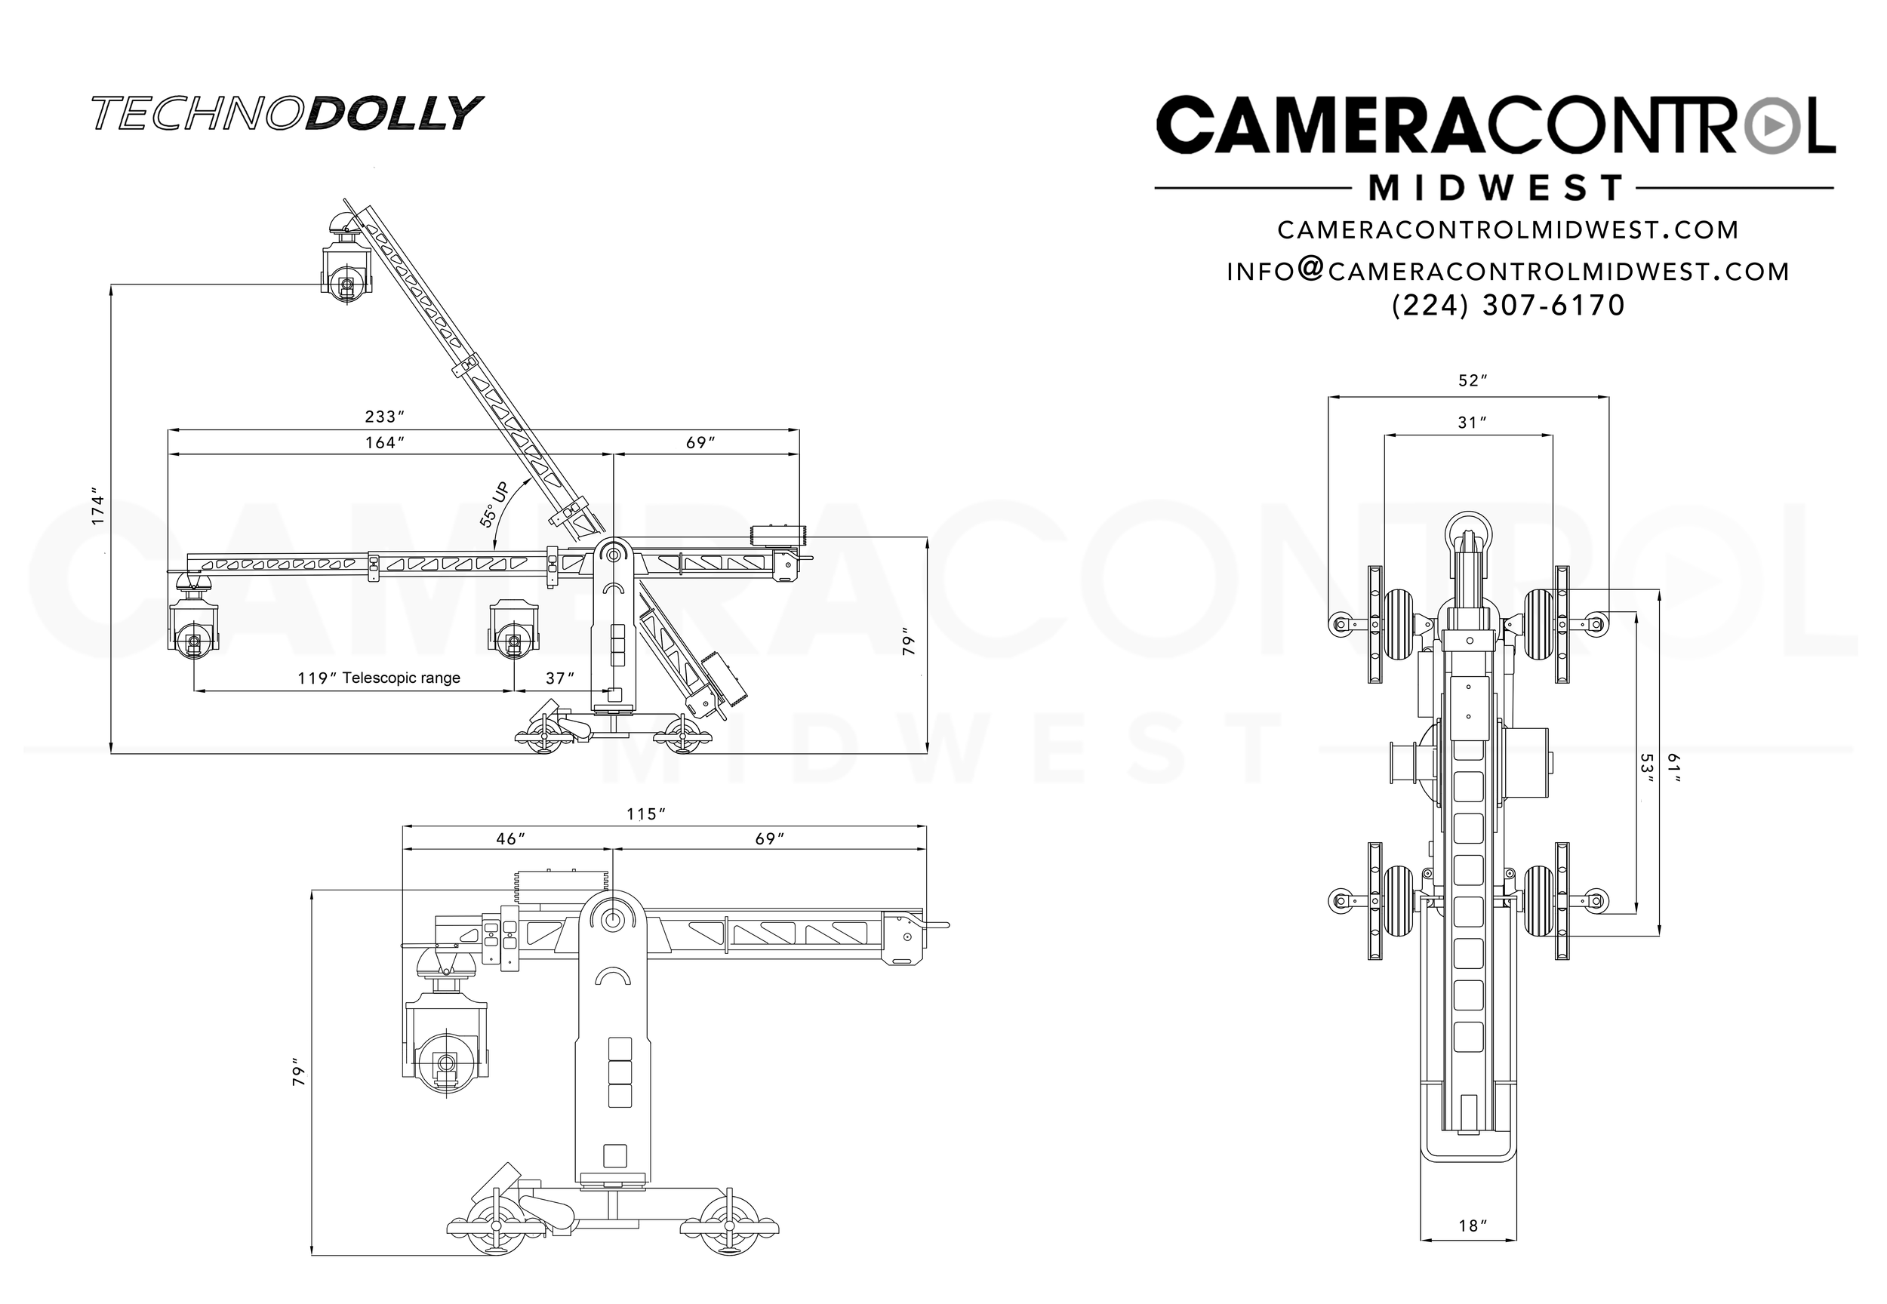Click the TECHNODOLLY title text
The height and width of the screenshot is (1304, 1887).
[287, 113]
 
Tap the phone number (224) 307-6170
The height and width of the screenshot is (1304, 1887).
[1508, 306]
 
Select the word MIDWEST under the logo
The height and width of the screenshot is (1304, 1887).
[1495, 189]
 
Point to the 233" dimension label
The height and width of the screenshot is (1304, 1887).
[385, 417]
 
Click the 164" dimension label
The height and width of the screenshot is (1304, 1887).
[385, 443]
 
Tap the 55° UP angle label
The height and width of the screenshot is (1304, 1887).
[494, 504]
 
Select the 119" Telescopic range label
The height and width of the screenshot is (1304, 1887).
[378, 678]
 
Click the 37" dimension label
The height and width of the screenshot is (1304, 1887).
[560, 678]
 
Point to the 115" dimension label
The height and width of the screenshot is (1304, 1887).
[645, 814]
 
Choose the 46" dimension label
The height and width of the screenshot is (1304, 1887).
[510, 839]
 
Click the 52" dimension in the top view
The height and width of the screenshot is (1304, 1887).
[1472, 381]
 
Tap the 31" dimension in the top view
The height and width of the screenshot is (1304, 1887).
[1472, 423]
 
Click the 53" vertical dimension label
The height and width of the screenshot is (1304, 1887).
[1647, 769]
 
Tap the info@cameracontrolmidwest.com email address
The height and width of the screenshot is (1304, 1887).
[1508, 271]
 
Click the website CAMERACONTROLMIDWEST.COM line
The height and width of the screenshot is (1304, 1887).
[1508, 229]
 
